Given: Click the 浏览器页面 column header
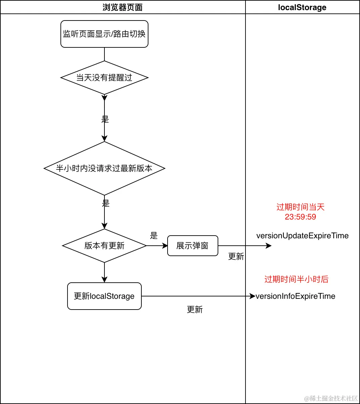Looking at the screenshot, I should pos(123,7).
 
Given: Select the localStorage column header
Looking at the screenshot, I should pos(302,7).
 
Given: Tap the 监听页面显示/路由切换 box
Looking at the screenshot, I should pos(104,34).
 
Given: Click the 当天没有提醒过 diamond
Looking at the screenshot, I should pos(104,78).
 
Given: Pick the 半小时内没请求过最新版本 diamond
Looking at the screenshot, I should pos(104,168).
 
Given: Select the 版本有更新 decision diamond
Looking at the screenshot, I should pos(104,246).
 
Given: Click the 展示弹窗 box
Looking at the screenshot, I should pos(192,246).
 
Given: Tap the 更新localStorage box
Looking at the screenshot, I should pos(104,296).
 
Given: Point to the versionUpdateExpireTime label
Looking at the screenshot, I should pos(302,236).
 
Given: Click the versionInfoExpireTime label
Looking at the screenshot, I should pos(296,296).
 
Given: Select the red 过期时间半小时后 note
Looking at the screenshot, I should pos(296,279).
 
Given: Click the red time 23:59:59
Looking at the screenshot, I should pos(300,217).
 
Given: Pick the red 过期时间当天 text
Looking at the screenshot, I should pos(300,207).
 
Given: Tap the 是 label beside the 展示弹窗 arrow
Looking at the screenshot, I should pos(154,236).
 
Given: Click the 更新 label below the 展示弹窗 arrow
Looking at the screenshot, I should pos(236,256).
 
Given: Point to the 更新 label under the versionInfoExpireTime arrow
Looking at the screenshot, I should pos(195,310).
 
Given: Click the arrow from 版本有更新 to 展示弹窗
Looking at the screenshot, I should pos(157,246).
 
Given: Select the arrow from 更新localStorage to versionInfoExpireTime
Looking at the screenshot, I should pos(198,296).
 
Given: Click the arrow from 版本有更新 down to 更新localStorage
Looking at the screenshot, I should pos(104,272).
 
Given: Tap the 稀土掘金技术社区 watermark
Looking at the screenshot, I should pos(331,399).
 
